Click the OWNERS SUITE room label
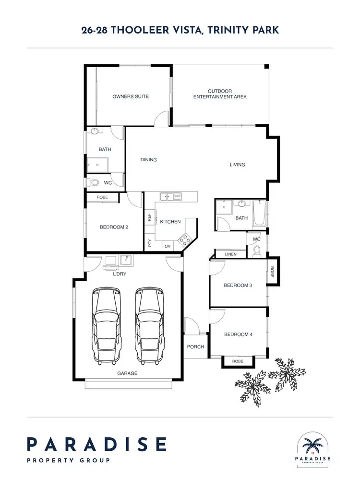tap(131, 96)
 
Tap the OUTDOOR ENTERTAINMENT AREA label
tap(220, 94)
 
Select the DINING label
tap(149, 160)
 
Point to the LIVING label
tap(237, 165)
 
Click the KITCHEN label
tap(170, 222)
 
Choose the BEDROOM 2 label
tap(114, 228)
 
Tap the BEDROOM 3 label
tap(238, 286)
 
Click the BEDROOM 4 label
tap(238, 335)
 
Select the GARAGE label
tap(128, 373)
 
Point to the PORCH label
tap(196, 347)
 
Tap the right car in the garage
tap(148, 325)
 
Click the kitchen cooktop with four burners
tap(184, 239)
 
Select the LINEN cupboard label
tap(230, 254)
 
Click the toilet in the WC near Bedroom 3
tap(257, 250)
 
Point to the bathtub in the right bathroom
tap(259, 214)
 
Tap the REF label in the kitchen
tap(150, 217)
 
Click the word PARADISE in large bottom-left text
tap(96, 444)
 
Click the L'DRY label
tap(120, 274)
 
